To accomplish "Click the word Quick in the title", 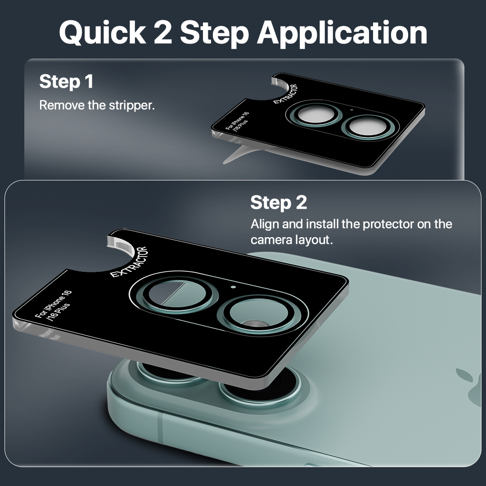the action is (103, 33).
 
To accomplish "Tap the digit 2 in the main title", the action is (163, 32).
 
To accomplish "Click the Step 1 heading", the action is (66, 82).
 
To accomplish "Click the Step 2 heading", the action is (279, 202).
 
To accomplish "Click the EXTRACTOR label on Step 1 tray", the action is (285, 94).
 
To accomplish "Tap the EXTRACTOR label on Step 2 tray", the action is (129, 262).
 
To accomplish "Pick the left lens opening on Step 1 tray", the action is (315, 115).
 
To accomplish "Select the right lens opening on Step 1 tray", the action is (366, 127).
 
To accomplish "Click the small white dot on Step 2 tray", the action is (234, 287).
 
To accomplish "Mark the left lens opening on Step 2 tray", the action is (177, 294).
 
